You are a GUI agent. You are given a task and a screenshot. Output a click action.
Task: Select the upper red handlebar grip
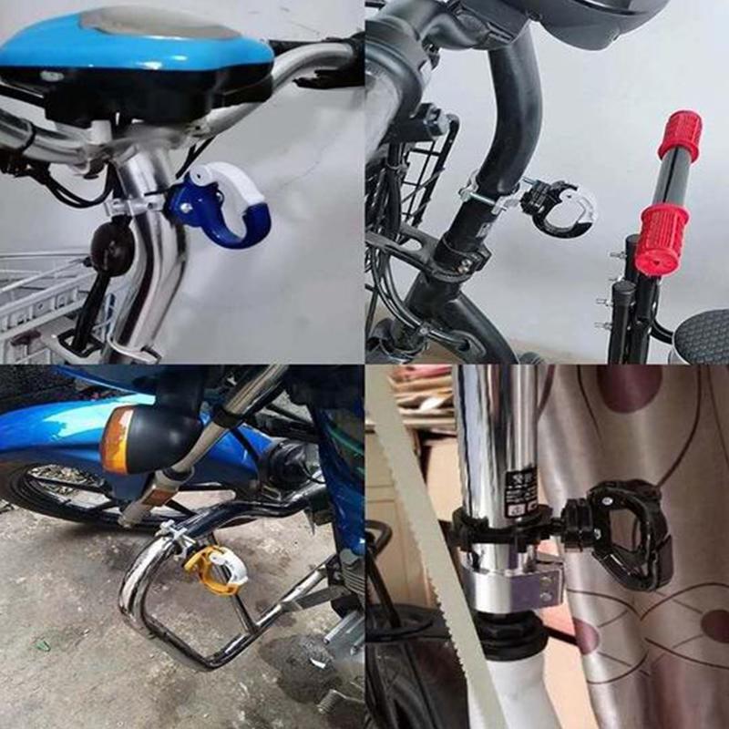680,135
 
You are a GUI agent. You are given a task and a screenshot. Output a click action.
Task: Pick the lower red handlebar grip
662,239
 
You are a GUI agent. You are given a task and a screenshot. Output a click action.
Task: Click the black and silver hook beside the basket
555,207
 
